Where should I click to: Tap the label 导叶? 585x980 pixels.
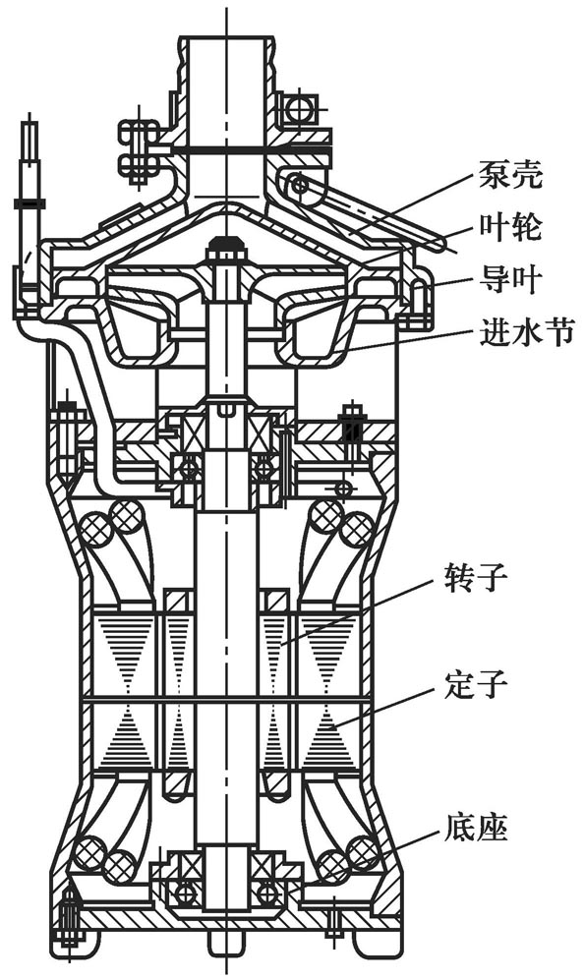513,281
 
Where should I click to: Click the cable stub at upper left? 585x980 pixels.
30,147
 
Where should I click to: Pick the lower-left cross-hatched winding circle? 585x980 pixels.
90,851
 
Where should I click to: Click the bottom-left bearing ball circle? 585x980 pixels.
184,894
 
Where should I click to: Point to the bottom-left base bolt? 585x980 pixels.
68,920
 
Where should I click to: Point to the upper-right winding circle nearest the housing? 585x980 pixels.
356,531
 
